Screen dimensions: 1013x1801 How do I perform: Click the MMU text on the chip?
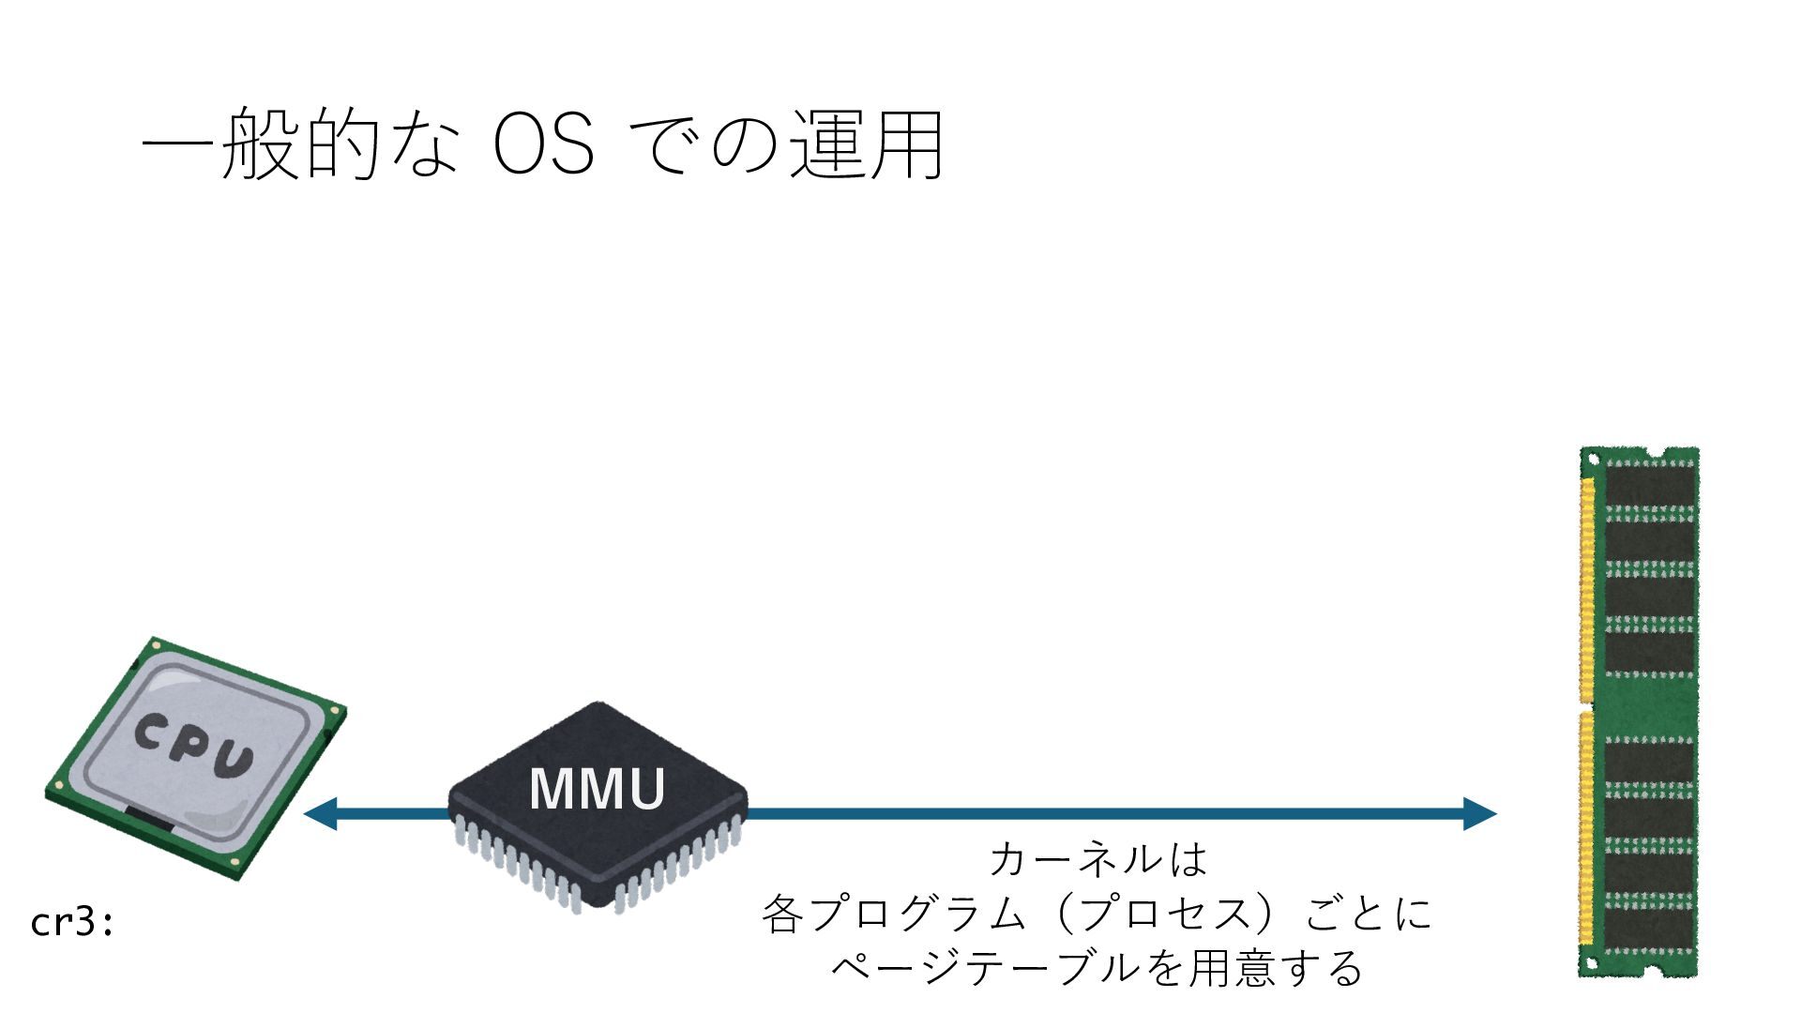(598, 789)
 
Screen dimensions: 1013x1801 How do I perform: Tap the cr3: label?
(72, 923)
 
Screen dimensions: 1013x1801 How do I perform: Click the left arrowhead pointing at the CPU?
(320, 813)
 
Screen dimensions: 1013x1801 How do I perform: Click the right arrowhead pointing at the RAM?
(1479, 813)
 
